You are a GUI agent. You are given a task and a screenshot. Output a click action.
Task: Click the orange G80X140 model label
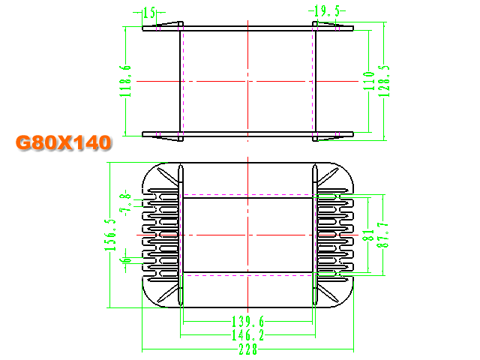click(x=63, y=142)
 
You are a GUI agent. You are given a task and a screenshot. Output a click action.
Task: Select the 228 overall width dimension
click(x=248, y=349)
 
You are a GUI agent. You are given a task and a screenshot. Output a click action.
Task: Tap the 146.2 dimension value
click(x=247, y=335)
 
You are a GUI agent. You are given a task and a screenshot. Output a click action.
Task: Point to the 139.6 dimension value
click(x=247, y=322)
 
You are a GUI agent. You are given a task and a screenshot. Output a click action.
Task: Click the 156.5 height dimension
click(x=110, y=235)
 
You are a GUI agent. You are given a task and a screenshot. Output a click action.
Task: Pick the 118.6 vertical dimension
click(x=125, y=81)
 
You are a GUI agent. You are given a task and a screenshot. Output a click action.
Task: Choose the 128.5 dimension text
click(x=384, y=81)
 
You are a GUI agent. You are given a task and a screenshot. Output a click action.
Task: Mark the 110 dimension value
click(x=369, y=81)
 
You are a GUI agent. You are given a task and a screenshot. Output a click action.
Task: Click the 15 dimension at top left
click(x=150, y=13)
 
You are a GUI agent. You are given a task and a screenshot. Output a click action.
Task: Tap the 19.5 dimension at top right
click(x=327, y=11)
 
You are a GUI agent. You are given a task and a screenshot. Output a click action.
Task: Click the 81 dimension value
click(x=368, y=235)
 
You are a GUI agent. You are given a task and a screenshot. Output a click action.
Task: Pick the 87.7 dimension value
click(x=383, y=235)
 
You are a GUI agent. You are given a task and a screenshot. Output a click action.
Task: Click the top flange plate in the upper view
click(x=247, y=28)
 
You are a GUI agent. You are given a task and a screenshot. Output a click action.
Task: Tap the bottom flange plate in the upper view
click(x=247, y=134)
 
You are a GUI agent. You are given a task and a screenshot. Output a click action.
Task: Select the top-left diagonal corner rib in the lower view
click(x=167, y=177)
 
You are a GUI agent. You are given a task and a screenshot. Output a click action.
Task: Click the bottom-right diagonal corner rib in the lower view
click(x=328, y=293)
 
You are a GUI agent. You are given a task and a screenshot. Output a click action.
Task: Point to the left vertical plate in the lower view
click(x=181, y=235)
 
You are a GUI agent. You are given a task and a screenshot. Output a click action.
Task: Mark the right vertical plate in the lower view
click(x=315, y=235)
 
